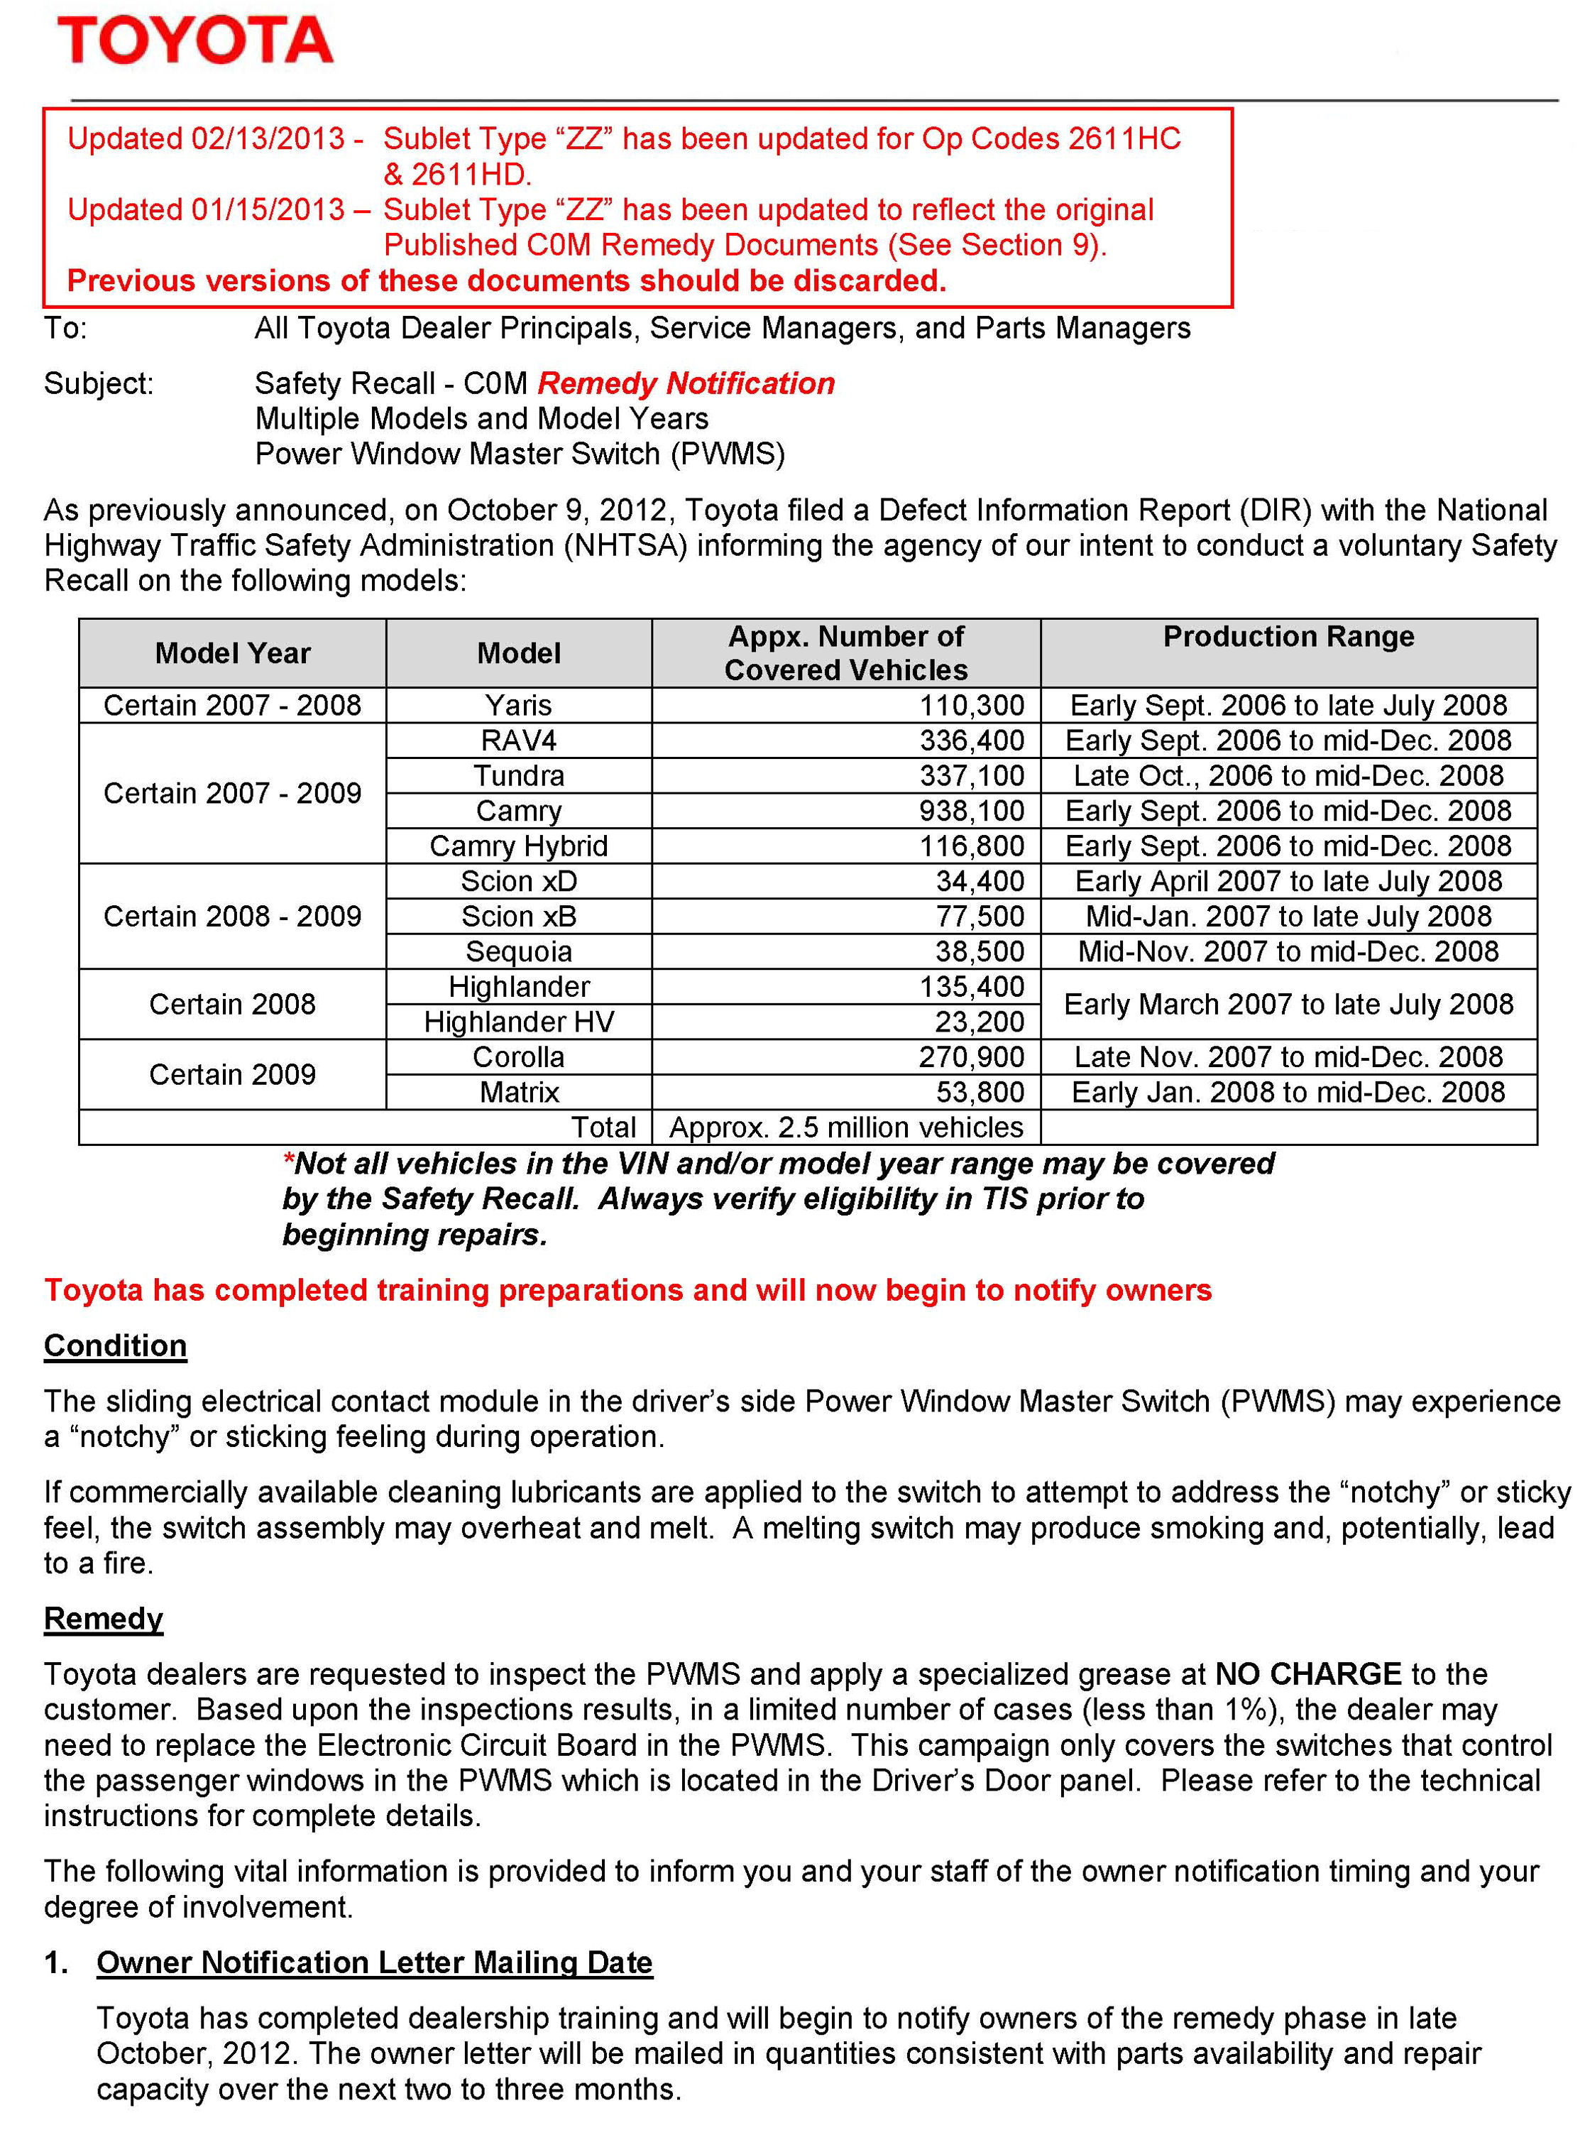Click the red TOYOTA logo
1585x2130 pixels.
click(196, 40)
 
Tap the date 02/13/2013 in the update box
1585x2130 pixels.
click(268, 139)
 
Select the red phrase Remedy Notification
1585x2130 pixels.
click(685, 384)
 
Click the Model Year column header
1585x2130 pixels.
click(232, 653)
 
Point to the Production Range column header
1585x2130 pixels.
click(1288, 637)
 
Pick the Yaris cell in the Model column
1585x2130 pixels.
click(518, 705)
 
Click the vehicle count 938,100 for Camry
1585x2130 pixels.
click(971, 811)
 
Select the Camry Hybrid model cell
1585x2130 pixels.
click(518, 846)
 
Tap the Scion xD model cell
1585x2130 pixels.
click(518, 881)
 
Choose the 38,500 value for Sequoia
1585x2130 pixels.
click(980, 952)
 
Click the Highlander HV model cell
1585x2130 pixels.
click(518, 1022)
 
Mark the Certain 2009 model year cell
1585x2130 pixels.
click(232, 1075)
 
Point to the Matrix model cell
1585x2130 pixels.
click(518, 1092)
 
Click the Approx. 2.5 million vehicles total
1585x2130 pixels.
click(845, 1127)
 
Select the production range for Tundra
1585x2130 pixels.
click(1288, 775)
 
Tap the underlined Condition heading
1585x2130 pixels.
click(115, 1346)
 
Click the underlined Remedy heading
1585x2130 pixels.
click(104, 1619)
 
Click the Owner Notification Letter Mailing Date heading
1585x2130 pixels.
click(374, 1963)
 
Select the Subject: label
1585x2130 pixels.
click(98, 384)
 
